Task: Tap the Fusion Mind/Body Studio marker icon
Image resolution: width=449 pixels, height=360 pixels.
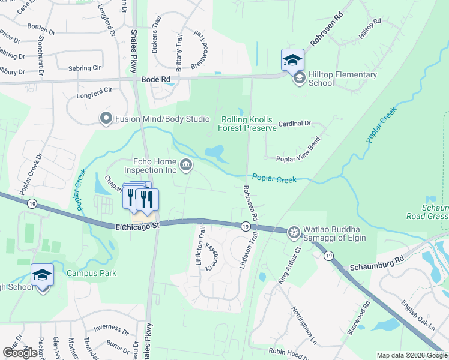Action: (x=107, y=119)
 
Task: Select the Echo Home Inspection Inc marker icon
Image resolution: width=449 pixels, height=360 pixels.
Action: (x=186, y=164)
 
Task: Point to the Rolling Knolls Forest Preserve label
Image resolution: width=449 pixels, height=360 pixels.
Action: (x=248, y=123)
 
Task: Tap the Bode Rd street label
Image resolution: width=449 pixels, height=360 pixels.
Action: (x=156, y=79)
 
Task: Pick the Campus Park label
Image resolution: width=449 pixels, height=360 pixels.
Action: (x=91, y=273)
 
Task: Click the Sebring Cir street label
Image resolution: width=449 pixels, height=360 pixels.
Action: (x=84, y=68)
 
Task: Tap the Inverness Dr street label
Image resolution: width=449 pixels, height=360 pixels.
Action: (x=112, y=329)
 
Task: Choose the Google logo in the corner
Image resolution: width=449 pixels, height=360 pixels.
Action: (x=20, y=353)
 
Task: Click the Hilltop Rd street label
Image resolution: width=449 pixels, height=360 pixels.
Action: (x=370, y=29)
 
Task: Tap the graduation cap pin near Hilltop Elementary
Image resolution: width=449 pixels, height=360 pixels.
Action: (x=292, y=59)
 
